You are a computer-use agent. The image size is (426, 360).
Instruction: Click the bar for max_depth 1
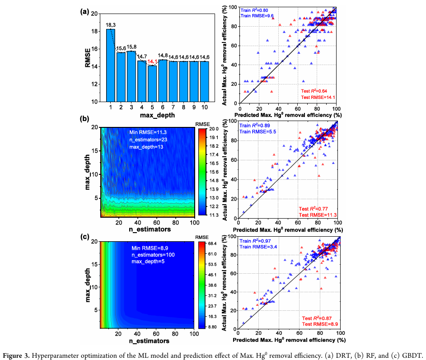[110, 65]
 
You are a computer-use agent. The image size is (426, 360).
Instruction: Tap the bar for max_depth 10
[205, 82]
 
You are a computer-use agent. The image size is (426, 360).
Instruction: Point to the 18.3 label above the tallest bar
[111, 25]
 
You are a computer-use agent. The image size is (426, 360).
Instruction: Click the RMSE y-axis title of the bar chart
[89, 58]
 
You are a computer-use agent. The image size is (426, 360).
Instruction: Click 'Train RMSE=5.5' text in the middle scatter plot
[258, 131]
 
